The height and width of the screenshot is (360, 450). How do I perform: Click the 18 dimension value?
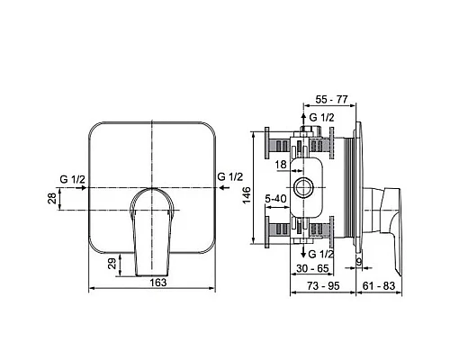[x=283, y=165]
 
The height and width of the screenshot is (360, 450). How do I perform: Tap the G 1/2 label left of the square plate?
[x=71, y=179]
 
